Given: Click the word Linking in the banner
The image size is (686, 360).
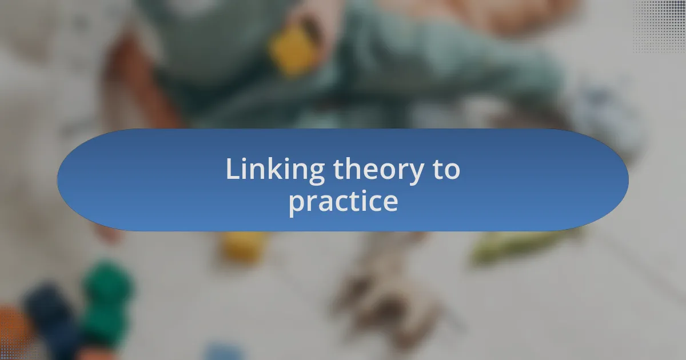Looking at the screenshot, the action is tap(276, 170).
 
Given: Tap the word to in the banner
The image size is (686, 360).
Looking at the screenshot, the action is tap(446, 170).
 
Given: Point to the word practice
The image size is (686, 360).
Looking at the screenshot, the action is tap(344, 202).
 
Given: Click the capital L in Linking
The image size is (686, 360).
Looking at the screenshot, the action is tap(233, 169).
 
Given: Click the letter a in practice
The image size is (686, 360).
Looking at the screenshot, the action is tap(325, 203).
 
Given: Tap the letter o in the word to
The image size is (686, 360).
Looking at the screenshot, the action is tap(452, 171).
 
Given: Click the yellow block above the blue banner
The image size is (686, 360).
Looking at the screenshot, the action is tap(293, 50).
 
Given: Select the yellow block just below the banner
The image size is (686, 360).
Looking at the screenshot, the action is tap(244, 247).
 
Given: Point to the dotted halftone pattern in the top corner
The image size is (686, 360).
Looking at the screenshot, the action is tap(659, 26).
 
